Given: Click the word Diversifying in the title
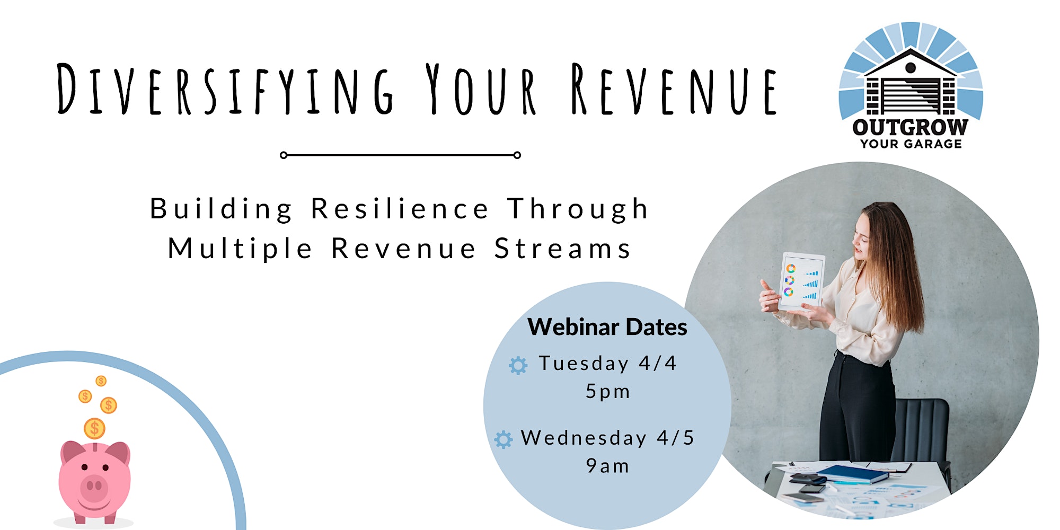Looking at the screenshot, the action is [x=225, y=89].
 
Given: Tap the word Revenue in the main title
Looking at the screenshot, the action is [x=674, y=89].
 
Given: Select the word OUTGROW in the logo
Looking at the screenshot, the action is [x=910, y=127].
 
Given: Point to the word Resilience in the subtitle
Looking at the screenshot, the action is [x=400, y=208].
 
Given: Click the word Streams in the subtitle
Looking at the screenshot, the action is [x=563, y=249].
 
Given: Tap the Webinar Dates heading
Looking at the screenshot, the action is [x=607, y=327].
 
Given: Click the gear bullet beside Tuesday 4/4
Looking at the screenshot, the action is [x=518, y=365].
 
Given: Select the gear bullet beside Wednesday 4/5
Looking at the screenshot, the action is [x=503, y=439].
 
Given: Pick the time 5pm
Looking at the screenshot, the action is [x=607, y=392].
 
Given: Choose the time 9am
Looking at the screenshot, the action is [x=607, y=466].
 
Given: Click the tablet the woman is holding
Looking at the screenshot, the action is [x=802, y=281].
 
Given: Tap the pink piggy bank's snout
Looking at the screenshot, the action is [x=94, y=485].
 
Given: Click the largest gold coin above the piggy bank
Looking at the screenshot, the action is [x=94, y=428].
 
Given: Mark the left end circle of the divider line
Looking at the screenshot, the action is [x=284, y=155].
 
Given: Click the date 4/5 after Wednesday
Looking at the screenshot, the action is [x=675, y=438].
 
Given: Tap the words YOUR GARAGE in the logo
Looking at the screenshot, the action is [x=911, y=144].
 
